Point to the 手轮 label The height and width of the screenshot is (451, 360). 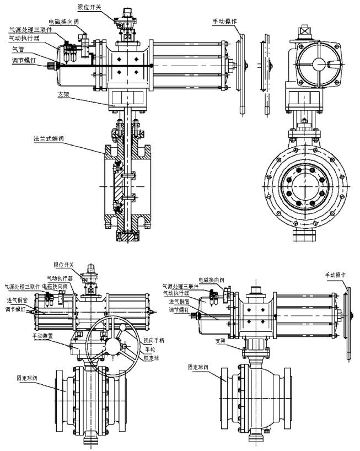pos(149,350)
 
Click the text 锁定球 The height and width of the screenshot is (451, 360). pos(152,358)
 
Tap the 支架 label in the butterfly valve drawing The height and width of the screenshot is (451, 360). pos(64,94)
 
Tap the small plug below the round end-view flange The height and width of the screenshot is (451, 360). pos(304,238)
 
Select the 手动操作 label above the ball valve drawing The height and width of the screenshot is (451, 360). pos(335,275)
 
